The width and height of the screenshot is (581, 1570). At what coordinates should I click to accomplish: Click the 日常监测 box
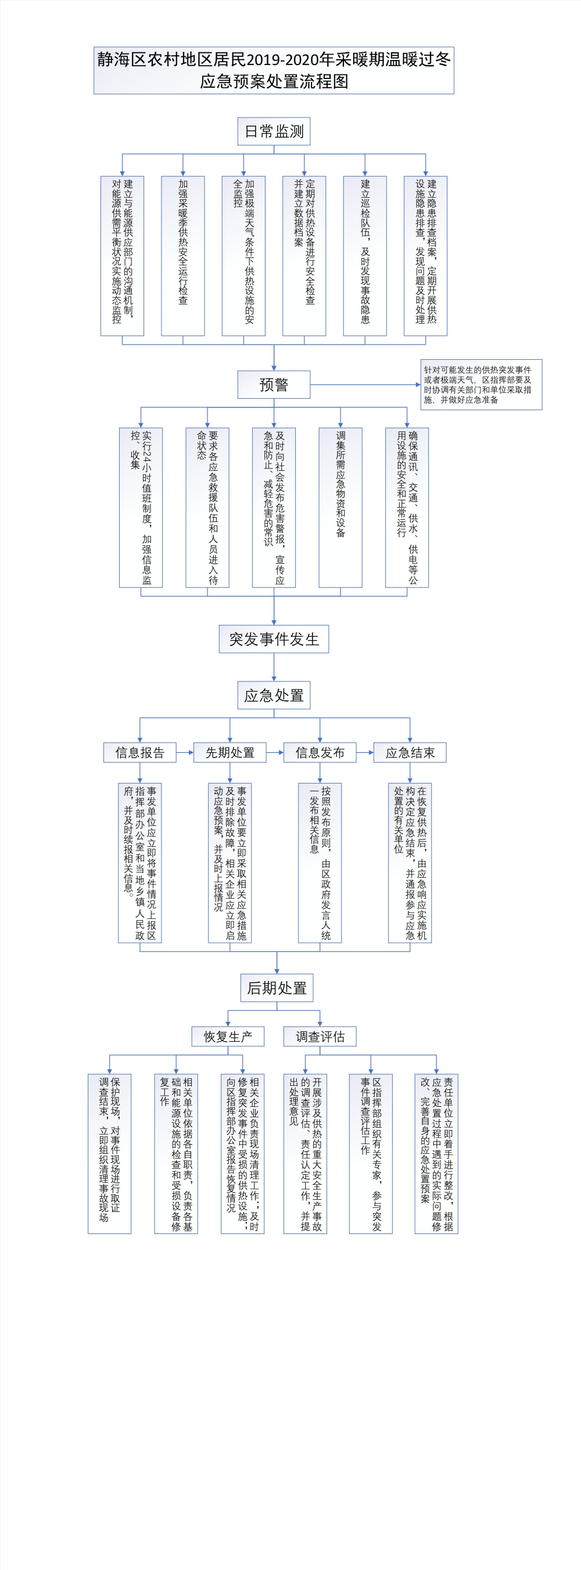pyautogui.click(x=274, y=131)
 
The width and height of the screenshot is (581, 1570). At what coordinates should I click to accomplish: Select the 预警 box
pyautogui.click(x=274, y=385)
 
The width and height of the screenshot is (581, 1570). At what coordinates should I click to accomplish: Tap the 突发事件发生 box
pyautogui.click(x=274, y=639)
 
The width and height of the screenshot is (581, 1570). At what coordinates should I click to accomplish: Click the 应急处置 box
pyautogui.click(x=274, y=695)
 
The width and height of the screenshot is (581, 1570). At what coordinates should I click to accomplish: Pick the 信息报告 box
pyautogui.click(x=139, y=752)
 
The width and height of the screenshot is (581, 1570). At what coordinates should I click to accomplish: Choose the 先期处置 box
pyautogui.click(x=229, y=752)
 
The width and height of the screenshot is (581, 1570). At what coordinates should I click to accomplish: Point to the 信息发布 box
pyautogui.click(x=320, y=752)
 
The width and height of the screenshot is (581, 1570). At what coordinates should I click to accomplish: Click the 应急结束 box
pyautogui.click(x=410, y=752)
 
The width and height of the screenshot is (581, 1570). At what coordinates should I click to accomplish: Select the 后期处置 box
pyautogui.click(x=277, y=988)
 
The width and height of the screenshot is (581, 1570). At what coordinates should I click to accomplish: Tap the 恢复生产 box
pyautogui.click(x=228, y=1036)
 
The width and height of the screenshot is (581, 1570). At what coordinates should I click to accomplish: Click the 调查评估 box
pyautogui.click(x=320, y=1036)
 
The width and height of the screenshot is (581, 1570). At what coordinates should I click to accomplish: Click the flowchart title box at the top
pyautogui.click(x=274, y=70)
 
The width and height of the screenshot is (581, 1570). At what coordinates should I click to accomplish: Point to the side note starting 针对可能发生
pyautogui.click(x=481, y=385)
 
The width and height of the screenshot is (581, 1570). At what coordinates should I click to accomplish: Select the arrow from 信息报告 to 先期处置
pyautogui.click(x=185, y=752)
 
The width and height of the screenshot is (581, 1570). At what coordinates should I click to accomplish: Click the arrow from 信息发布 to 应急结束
pyautogui.click(x=365, y=752)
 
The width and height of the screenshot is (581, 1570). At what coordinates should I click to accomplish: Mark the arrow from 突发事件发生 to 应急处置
pyautogui.click(x=274, y=667)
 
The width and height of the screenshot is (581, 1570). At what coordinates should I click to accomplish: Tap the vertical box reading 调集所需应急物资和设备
pyautogui.click(x=340, y=507)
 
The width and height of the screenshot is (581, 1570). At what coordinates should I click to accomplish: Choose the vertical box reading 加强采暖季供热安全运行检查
pyautogui.click(x=182, y=255)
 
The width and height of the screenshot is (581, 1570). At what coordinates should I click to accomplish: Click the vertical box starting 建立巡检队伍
pyautogui.click(x=365, y=255)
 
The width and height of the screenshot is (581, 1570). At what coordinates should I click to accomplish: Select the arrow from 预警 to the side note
pyautogui.click(x=365, y=385)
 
